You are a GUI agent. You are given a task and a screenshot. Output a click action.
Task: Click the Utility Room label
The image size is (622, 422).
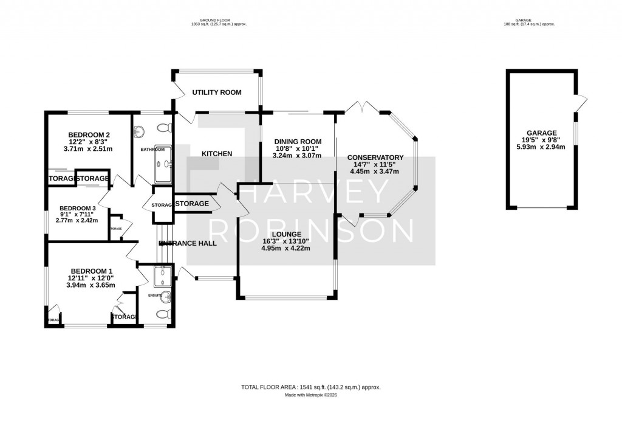(217, 92)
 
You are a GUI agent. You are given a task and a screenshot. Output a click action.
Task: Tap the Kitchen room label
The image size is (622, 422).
(217, 154)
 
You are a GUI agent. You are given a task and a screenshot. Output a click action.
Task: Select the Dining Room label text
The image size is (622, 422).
(297, 142)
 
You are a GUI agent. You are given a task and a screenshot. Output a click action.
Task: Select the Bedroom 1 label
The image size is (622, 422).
(92, 271)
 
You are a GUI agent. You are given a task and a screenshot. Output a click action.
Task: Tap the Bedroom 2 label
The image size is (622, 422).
(89, 135)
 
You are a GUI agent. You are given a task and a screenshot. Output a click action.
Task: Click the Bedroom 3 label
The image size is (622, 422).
(77, 208)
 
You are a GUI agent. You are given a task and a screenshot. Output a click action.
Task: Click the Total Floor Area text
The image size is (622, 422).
(311, 387)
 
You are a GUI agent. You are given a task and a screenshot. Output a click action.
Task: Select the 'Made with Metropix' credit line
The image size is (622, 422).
(311, 395)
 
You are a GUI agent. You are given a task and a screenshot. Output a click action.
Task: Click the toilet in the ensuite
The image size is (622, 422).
(163, 314)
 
